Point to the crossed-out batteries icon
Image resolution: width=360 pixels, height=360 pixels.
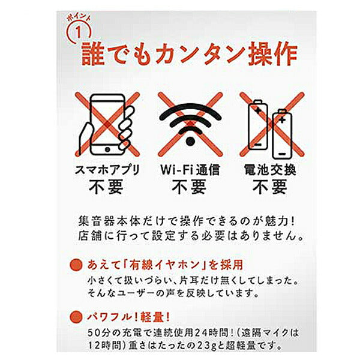(271, 123)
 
